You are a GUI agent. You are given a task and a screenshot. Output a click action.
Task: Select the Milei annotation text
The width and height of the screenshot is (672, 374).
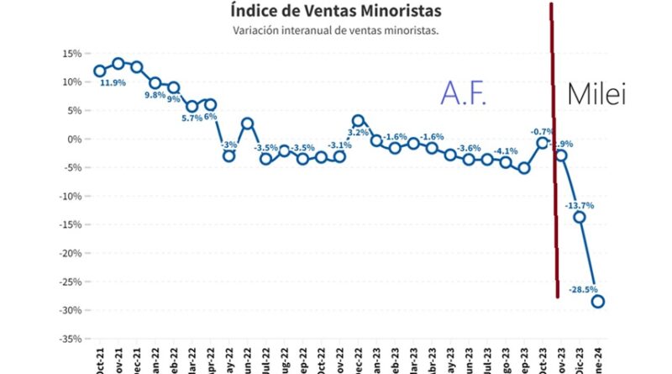pos(597,95)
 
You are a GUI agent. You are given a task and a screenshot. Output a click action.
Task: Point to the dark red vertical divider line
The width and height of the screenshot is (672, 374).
pos(554,168)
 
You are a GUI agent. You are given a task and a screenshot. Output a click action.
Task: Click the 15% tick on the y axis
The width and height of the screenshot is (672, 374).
pos(71,53)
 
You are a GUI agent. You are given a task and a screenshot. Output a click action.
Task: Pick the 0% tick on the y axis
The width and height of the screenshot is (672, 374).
pos(74,139)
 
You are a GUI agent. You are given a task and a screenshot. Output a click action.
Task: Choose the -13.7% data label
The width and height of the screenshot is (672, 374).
pos(580,205)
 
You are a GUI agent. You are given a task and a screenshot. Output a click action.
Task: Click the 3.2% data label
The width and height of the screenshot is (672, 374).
pos(358,133)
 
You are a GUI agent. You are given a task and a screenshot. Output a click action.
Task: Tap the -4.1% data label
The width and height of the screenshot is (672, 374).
pos(506,151)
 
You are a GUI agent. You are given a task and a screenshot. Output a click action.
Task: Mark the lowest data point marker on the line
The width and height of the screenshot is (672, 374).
pos(598,302)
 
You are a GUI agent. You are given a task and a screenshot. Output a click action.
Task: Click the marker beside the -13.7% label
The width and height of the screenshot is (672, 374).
pos(580,217)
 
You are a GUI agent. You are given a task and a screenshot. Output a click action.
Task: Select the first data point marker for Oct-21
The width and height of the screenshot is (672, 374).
pos(100,71)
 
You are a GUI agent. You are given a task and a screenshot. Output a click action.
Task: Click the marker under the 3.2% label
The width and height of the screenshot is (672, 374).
pos(358,120)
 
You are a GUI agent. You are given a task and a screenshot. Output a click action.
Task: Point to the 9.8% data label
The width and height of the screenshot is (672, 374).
pos(156,95)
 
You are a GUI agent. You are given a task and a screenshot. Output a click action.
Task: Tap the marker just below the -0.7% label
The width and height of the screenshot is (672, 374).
pos(543,143)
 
